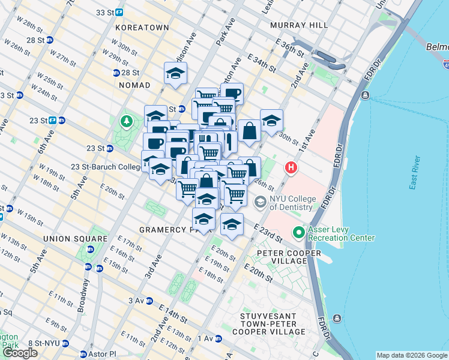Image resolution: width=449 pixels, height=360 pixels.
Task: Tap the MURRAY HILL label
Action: click(x=299, y=25)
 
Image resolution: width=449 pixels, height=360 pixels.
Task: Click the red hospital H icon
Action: click(x=292, y=168)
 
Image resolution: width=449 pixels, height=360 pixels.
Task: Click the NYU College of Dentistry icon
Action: click(x=261, y=202)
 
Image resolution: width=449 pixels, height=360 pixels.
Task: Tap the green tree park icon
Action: click(x=127, y=122)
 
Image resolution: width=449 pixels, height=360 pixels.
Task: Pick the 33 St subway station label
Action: click(x=109, y=12)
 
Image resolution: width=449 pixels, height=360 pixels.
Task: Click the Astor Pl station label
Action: click(x=98, y=354)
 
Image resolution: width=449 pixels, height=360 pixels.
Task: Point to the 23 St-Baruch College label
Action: click(x=97, y=167)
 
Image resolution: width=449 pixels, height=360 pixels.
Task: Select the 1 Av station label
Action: click(x=206, y=338)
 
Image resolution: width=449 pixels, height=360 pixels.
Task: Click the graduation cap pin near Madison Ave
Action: click(x=175, y=73)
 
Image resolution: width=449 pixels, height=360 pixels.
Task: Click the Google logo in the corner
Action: click(x=20, y=353)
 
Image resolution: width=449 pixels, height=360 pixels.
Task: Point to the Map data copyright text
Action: click(x=411, y=355)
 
